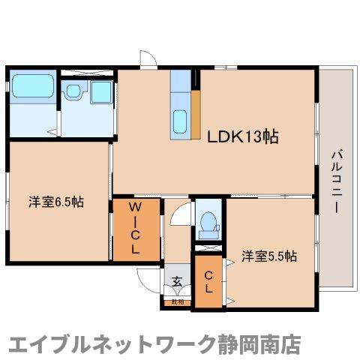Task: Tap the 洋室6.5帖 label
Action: [x=56, y=202]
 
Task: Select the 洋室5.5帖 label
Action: [x=269, y=256]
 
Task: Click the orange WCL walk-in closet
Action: [x=136, y=229]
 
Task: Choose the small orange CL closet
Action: [x=208, y=282]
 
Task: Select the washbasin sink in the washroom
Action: [x=73, y=92]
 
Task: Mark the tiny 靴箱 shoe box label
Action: [x=177, y=301]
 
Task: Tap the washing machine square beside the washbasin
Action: [x=100, y=94]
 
